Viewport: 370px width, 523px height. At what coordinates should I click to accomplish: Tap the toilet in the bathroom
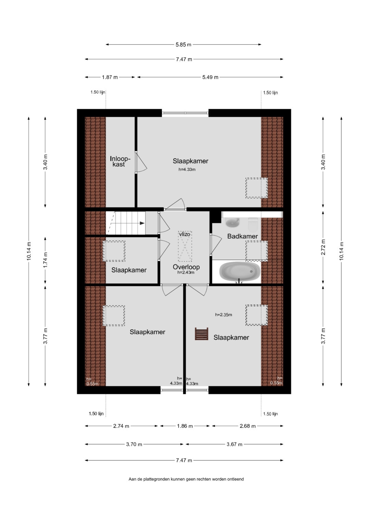252,223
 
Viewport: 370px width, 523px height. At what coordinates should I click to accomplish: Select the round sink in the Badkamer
232,223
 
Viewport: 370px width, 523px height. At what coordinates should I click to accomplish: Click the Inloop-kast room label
120,161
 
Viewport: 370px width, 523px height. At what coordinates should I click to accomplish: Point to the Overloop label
186,267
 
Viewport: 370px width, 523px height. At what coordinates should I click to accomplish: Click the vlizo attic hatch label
185,234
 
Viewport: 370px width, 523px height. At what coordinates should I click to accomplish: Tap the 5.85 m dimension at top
183,45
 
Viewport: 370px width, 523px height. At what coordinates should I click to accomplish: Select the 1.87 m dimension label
110,77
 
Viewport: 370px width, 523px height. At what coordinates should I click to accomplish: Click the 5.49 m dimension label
210,77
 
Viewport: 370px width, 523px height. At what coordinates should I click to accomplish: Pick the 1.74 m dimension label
45,260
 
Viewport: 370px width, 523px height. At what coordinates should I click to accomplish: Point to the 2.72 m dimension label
323,247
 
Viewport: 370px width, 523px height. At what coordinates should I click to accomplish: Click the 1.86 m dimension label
185,426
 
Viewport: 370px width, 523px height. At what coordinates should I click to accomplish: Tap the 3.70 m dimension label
134,444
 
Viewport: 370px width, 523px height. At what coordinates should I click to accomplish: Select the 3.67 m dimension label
235,444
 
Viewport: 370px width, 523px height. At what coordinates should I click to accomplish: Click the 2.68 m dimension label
248,426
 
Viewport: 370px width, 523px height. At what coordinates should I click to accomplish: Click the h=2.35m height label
223,315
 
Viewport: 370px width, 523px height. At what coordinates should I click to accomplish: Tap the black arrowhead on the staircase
142,223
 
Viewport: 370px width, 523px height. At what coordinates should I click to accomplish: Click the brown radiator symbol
201,334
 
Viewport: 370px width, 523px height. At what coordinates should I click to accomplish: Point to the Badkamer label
243,236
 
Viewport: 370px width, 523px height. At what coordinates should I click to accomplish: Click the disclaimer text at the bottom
186,479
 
